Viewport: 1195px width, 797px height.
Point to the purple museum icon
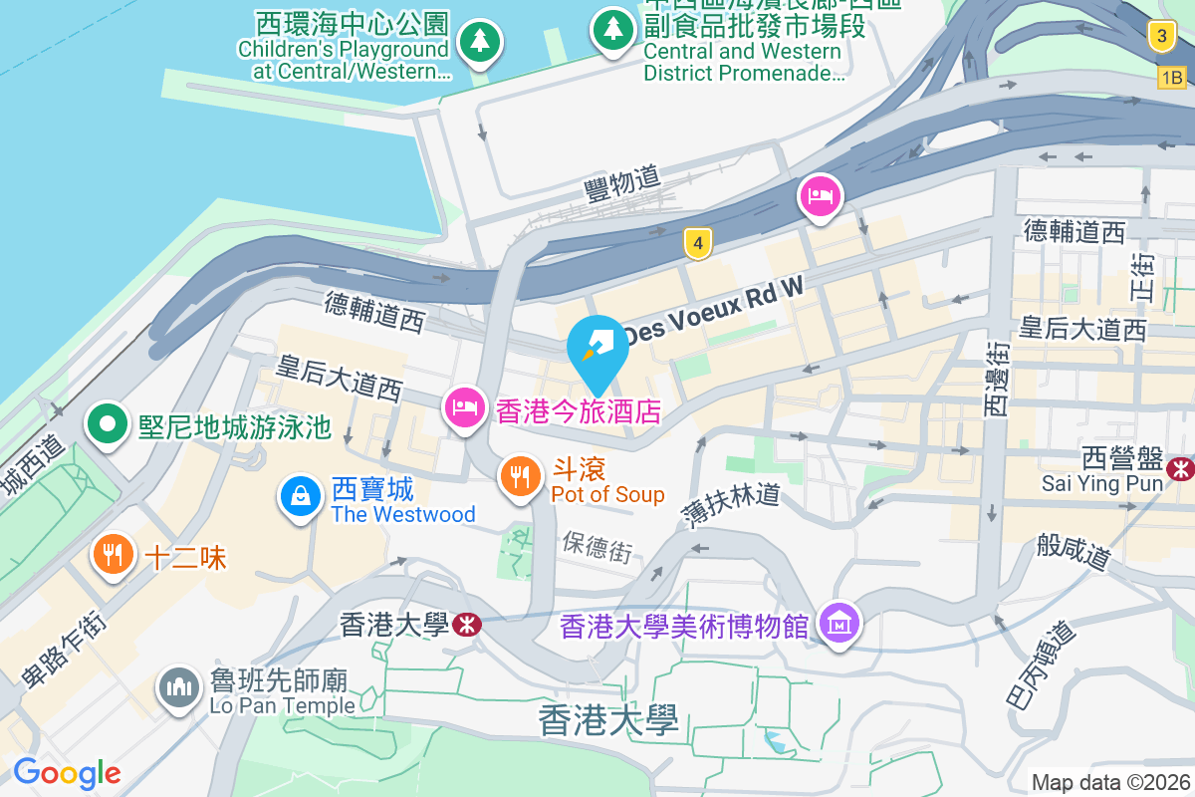[x=839, y=625]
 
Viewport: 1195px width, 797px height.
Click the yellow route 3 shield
[x=1159, y=37]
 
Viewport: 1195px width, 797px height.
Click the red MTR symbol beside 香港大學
[x=465, y=625]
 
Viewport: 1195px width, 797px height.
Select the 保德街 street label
[x=597, y=546]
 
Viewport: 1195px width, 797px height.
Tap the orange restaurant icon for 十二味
[x=113, y=553]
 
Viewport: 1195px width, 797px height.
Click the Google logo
[x=67, y=772]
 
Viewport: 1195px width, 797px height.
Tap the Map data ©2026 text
[x=1109, y=782]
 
